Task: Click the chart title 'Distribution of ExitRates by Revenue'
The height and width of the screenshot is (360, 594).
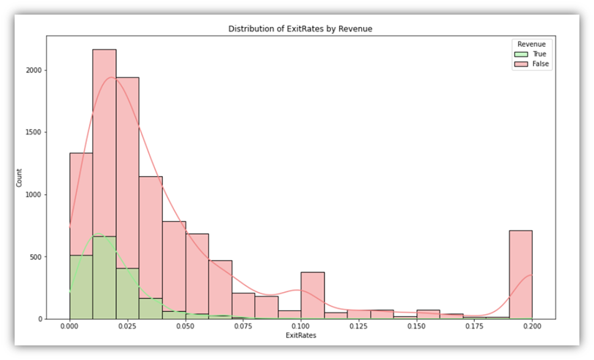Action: point(301,28)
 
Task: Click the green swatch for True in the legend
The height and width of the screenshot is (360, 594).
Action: point(521,54)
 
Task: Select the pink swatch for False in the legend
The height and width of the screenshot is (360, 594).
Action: point(521,64)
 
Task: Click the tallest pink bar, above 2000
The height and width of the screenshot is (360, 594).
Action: point(104,146)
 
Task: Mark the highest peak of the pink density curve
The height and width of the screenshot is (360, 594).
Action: point(112,77)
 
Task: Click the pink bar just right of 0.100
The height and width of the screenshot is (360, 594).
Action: point(313,296)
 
